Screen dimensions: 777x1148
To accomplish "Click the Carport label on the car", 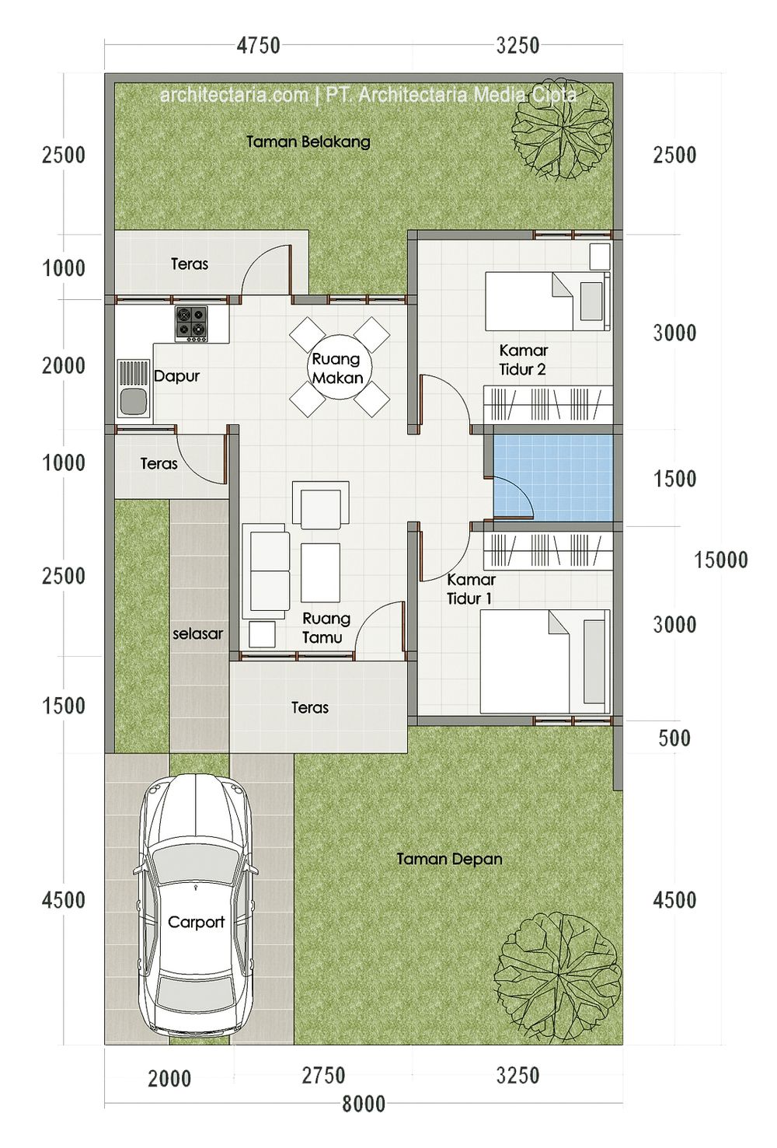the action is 196,922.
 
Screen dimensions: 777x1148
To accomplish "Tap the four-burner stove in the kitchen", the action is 192,324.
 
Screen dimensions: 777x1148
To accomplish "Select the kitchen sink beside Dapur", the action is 134,389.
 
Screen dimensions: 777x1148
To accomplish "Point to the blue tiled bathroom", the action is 553,478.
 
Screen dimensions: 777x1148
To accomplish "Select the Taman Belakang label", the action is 308,141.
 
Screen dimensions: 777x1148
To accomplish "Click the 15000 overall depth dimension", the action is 720,560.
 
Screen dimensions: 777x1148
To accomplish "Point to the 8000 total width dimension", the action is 364,1104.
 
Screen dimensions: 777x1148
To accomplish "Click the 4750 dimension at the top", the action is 259,46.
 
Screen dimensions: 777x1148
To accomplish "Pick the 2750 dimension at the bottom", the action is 323,1075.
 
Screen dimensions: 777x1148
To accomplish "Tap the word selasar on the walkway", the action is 197,634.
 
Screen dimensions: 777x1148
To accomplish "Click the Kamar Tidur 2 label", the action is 523,360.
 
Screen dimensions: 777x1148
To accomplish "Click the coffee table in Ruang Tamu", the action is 321,573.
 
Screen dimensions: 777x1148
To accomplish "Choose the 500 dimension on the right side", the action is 674,738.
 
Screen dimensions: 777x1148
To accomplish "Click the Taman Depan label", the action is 449,859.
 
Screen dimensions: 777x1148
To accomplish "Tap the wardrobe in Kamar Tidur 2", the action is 548,405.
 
